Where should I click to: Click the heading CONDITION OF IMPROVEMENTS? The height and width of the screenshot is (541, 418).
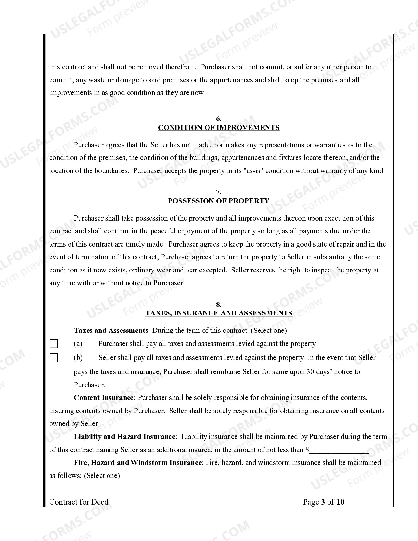click(219, 128)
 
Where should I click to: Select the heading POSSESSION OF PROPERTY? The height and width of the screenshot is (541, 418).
click(219, 201)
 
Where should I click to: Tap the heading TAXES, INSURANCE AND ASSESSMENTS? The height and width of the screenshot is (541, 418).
click(219, 313)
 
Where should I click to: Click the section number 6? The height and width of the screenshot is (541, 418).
click(219, 119)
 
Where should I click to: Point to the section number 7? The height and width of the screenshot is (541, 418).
click(219, 192)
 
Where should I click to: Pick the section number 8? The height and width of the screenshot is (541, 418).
click(219, 305)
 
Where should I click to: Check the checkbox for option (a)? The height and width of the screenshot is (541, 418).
click(54, 344)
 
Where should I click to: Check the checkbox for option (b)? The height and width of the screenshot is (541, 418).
click(54, 358)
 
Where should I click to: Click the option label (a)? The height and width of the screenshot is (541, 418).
click(78, 344)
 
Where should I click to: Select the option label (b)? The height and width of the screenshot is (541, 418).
click(78, 358)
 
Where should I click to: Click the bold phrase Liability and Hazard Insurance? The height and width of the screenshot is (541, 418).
click(125, 437)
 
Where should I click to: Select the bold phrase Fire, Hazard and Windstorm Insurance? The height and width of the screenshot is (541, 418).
click(138, 463)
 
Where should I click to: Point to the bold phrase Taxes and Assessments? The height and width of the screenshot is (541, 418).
click(111, 331)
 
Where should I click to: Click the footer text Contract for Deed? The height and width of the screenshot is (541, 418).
click(79, 502)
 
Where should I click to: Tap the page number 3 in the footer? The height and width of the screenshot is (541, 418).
click(323, 502)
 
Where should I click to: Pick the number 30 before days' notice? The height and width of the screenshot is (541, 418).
click(310, 372)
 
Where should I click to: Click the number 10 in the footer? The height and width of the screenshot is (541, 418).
click(340, 502)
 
